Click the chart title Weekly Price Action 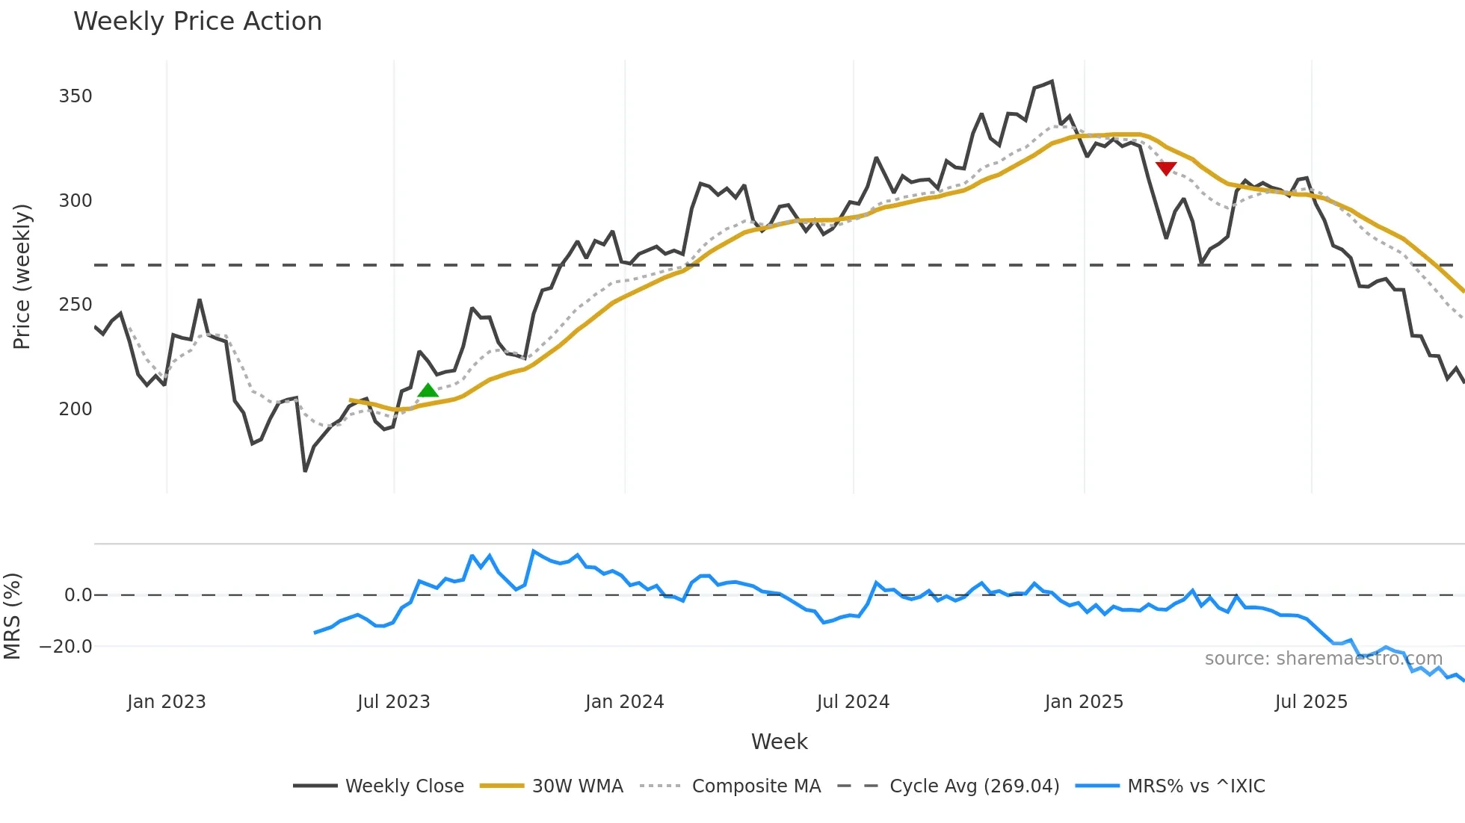coord(197,22)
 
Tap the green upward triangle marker coord(428,391)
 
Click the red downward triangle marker coord(1166,168)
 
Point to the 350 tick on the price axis coord(75,96)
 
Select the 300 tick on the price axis coord(75,201)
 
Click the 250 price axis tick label coord(75,305)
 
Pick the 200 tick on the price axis coord(75,409)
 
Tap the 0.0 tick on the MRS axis coord(78,595)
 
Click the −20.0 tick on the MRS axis coord(66,647)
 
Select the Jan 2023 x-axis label coord(166,702)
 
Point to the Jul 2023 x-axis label coord(394,702)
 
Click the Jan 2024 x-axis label coord(624,702)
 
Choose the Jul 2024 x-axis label coord(853,702)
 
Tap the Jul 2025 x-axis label coord(1311,702)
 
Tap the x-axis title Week coord(779,742)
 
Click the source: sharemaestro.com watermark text coord(1323,659)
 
